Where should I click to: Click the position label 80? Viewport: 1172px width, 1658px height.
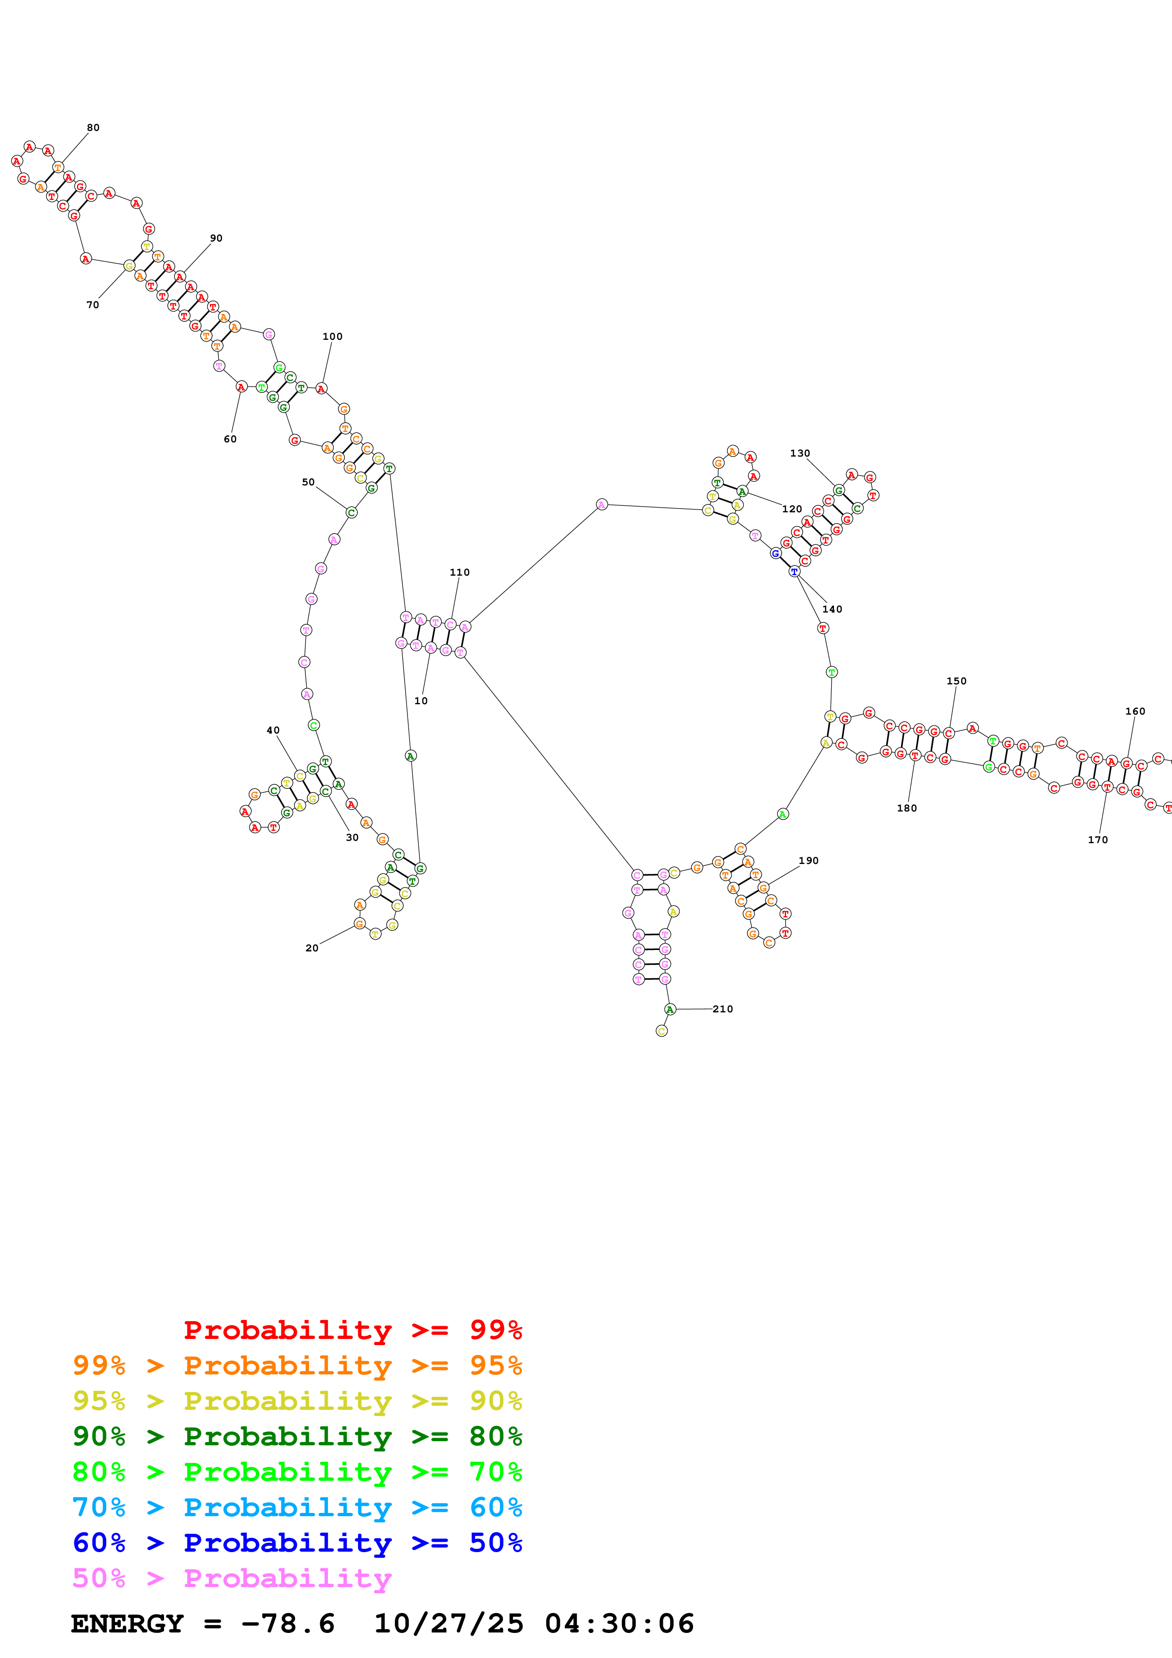click(x=93, y=128)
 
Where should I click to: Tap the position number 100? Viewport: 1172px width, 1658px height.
click(x=332, y=337)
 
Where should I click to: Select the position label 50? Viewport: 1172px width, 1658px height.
click(x=308, y=483)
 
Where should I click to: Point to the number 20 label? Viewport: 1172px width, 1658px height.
click(x=312, y=948)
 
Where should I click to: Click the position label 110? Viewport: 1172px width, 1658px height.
click(x=459, y=573)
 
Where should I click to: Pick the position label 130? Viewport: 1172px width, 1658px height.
click(x=799, y=454)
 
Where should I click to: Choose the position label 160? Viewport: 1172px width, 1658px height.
click(x=1135, y=711)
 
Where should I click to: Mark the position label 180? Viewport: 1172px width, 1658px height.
click(x=907, y=808)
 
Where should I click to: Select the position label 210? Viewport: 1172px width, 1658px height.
click(x=722, y=1009)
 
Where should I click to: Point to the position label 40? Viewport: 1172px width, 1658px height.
click(x=273, y=730)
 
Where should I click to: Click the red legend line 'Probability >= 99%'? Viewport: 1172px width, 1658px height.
click(x=352, y=1330)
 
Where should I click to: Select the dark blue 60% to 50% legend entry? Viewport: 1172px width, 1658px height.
click(x=297, y=1543)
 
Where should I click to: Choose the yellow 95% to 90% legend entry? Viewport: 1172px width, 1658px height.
click(x=297, y=1400)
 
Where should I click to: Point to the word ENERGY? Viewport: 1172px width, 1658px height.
click(x=127, y=1623)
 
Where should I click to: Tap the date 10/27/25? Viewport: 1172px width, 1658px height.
click(x=449, y=1623)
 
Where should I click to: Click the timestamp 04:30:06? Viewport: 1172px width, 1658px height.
click(x=619, y=1623)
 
